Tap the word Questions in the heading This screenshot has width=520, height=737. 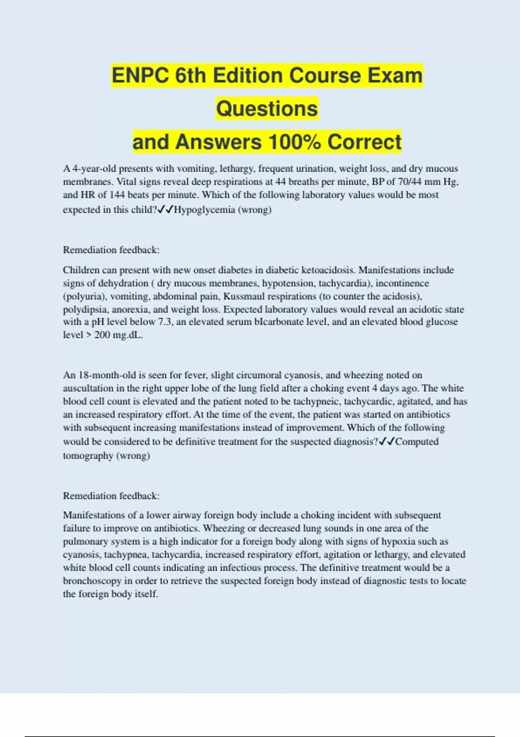pos(267,108)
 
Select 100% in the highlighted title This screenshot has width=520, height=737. pos(294,142)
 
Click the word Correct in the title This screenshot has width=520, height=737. pos(364,142)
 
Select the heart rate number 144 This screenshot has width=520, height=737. pos(117,195)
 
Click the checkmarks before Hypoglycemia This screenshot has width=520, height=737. pos(165,210)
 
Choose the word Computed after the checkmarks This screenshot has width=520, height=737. pos(417,442)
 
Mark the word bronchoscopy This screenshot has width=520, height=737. pos(92,581)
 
